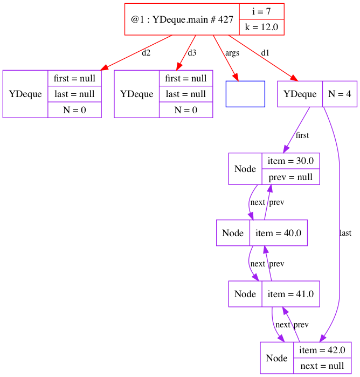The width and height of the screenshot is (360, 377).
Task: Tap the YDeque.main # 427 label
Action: tap(182, 19)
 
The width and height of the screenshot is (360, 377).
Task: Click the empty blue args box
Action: tap(245, 94)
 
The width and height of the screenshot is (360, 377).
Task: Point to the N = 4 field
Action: tap(339, 94)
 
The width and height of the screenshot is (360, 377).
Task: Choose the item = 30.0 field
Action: tap(290, 161)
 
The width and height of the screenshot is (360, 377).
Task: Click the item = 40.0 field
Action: tap(278, 233)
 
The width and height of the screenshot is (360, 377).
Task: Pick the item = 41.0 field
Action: tap(290, 294)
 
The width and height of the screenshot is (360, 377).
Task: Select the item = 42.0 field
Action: tap(322, 350)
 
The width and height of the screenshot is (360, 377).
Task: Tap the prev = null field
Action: tap(290, 176)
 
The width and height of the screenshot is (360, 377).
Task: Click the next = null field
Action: tap(322, 366)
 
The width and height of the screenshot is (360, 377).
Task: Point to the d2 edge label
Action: tap(146, 53)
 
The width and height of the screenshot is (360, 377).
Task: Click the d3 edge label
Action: tap(192, 53)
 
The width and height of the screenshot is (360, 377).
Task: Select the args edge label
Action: tap(232, 53)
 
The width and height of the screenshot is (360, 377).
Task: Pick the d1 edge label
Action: tap(265, 53)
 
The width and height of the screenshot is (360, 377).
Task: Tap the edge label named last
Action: tap(345, 233)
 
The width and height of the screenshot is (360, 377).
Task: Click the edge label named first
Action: tap(302, 135)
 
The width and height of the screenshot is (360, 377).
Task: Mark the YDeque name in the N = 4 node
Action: tap(300, 94)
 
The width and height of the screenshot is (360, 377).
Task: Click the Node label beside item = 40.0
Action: tap(233, 233)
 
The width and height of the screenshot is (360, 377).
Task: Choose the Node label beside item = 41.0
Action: tap(245, 294)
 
